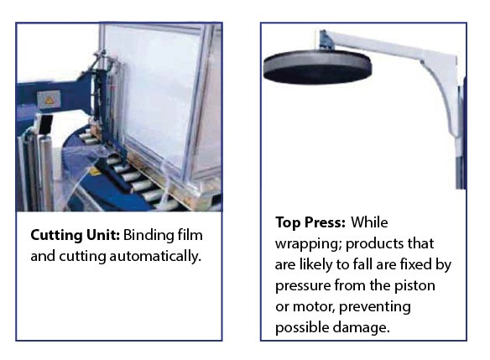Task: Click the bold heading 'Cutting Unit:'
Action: tap(76, 235)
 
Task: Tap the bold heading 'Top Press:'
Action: tap(310, 223)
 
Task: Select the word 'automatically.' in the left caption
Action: tap(155, 256)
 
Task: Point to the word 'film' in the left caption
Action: tap(190, 235)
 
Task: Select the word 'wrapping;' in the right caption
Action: tap(309, 244)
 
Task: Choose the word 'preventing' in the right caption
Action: tap(375, 307)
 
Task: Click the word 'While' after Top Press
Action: tap(369, 223)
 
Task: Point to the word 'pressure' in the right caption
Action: tap(303, 286)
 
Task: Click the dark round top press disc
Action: tap(317, 67)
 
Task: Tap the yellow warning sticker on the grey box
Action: tap(49, 100)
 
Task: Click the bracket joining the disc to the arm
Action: tap(327, 39)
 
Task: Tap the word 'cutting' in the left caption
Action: tap(82, 257)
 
